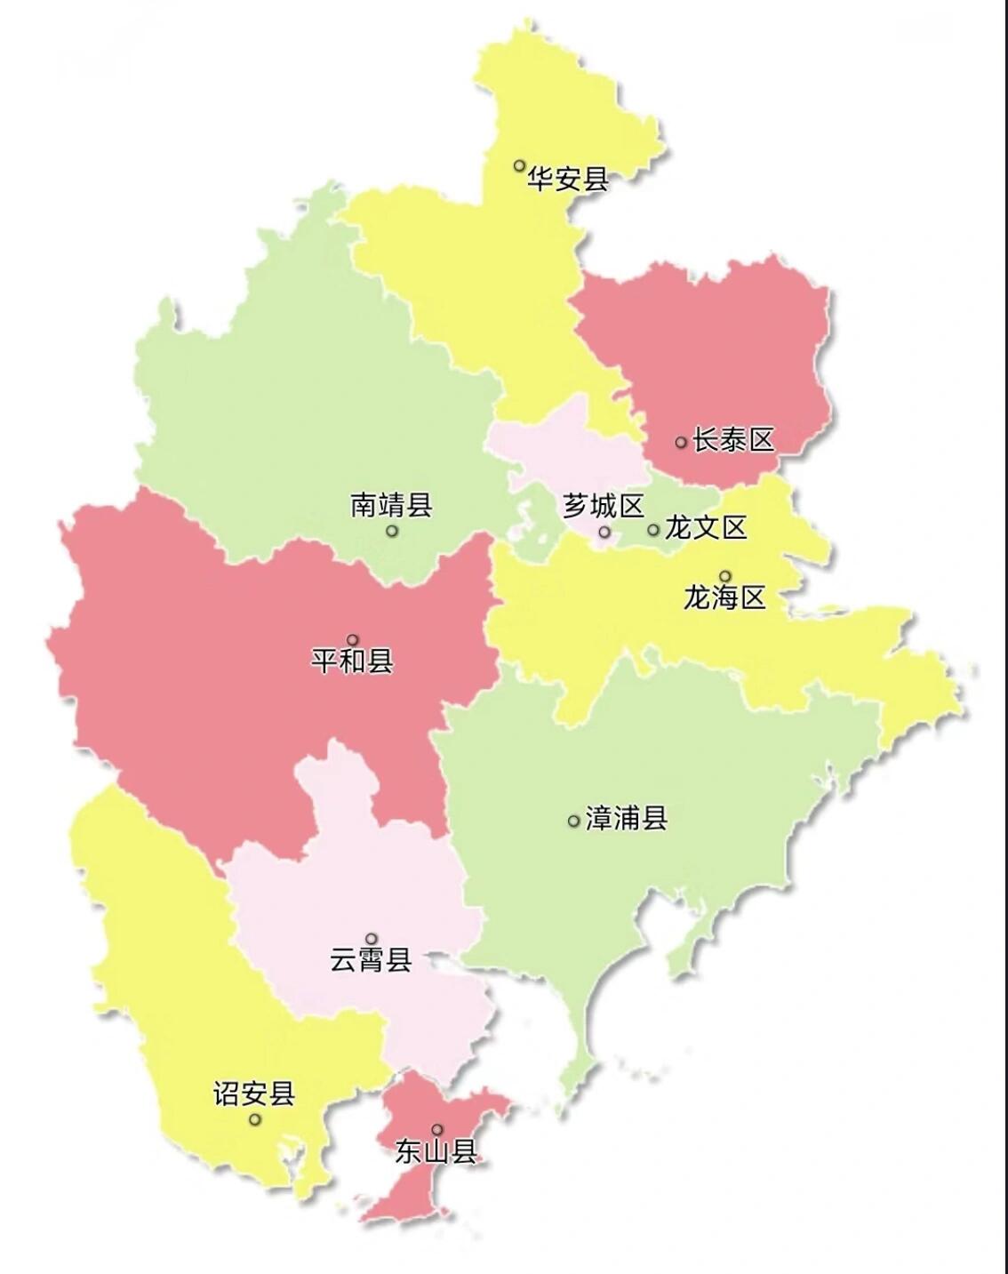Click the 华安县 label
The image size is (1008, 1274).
coord(568,180)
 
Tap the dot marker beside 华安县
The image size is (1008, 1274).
coord(520,165)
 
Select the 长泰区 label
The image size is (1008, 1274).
coord(733,439)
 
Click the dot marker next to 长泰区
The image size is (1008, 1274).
coord(681,442)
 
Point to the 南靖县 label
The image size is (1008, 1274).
coord(391,505)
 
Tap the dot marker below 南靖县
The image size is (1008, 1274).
coord(392,531)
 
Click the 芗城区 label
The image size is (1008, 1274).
coord(603,507)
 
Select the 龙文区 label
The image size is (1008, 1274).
coord(706,527)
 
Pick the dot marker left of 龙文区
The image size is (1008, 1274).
coord(653,530)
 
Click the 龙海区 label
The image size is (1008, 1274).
coord(724,597)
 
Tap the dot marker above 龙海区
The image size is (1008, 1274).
coord(725,576)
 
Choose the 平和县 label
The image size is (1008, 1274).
coord(352,661)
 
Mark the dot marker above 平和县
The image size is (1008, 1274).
coord(353,640)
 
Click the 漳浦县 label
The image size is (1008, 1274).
coord(627,818)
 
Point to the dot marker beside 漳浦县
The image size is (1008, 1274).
coord(573,821)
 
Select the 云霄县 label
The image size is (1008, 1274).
coord(371,959)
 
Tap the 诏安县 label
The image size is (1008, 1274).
coord(253,1093)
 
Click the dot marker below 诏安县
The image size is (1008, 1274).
coord(255,1119)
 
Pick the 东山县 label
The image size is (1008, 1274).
coord(436,1152)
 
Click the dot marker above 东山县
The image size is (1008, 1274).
coord(437,1130)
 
